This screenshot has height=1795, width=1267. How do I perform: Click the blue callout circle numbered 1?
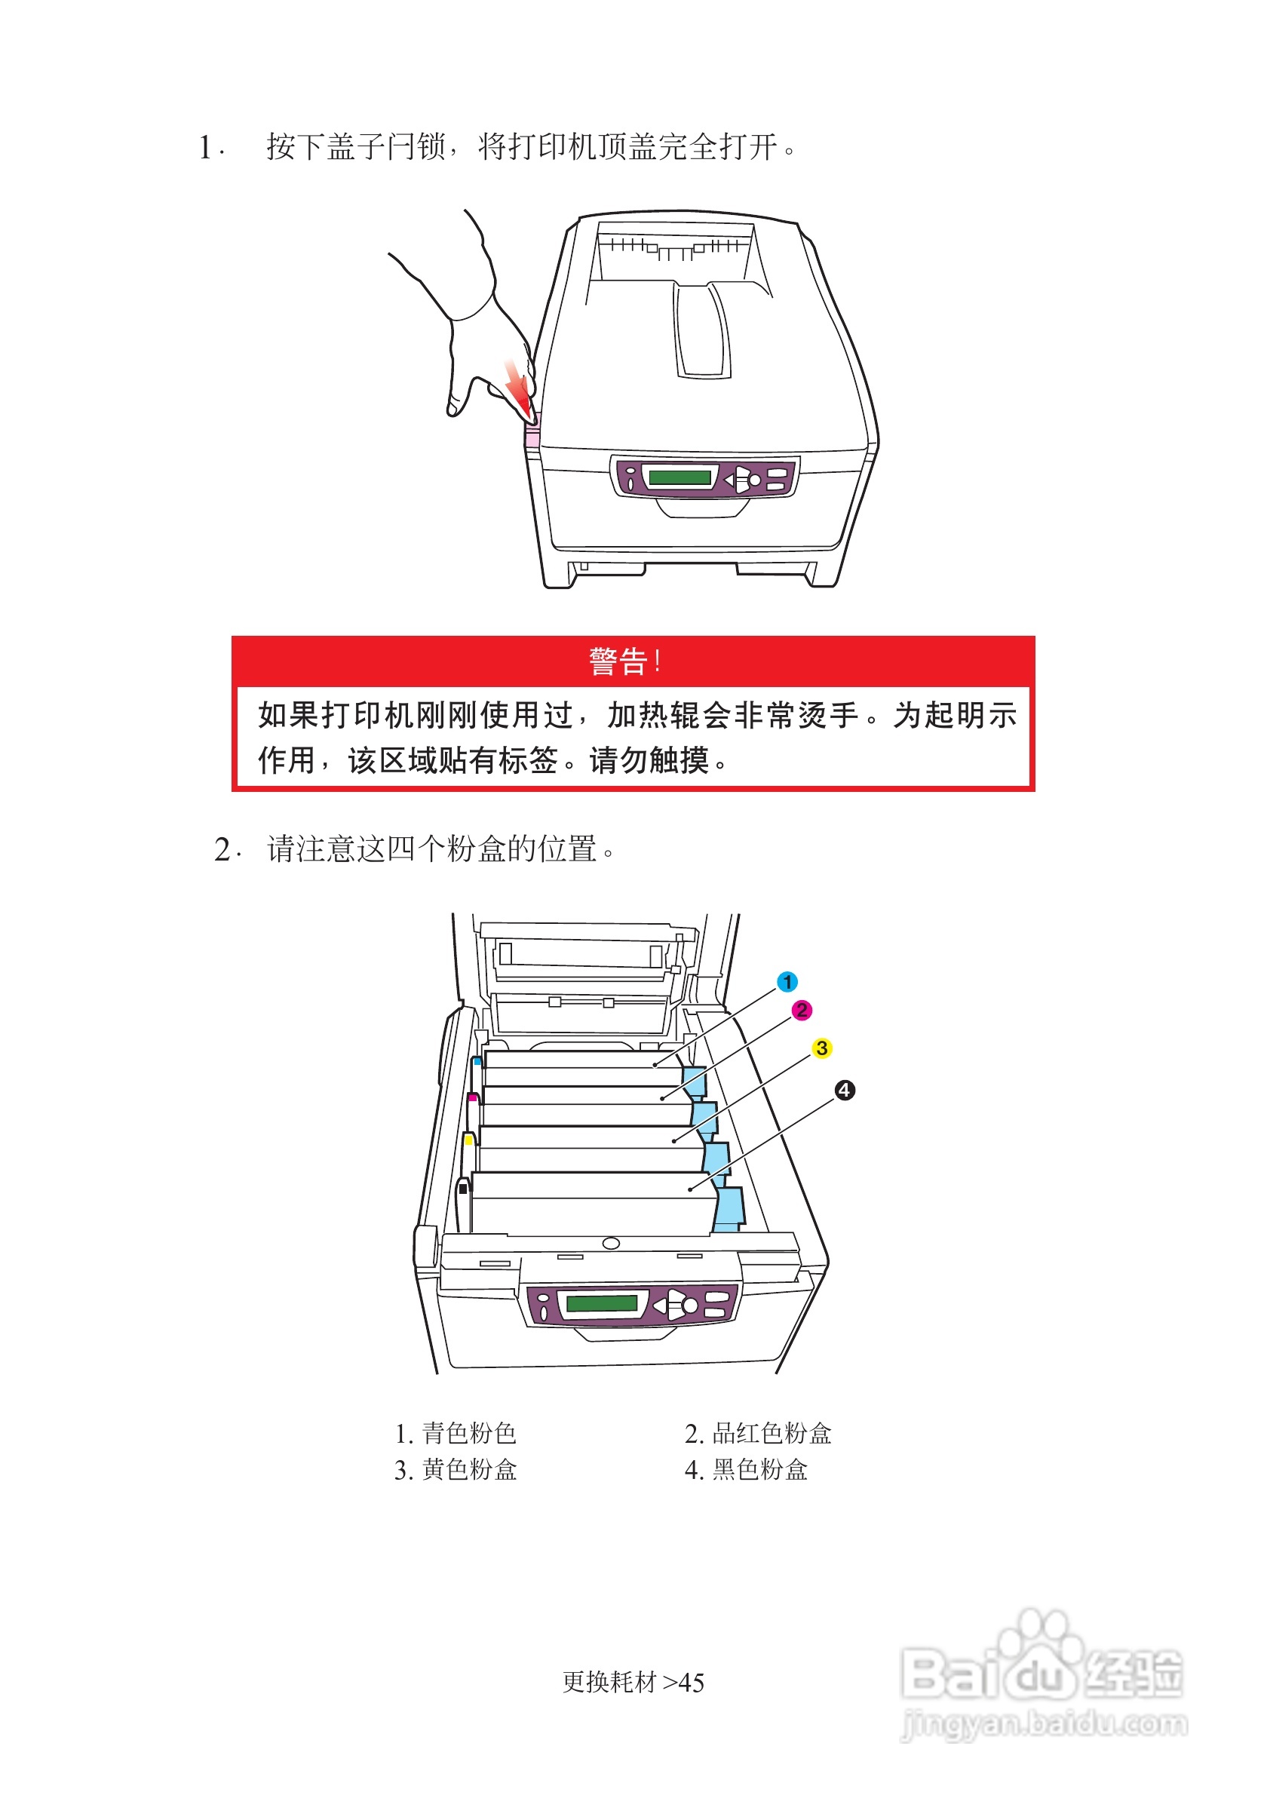click(787, 981)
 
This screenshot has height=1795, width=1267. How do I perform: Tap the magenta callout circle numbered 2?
click(801, 1010)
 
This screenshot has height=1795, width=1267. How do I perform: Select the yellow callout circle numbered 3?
click(821, 1048)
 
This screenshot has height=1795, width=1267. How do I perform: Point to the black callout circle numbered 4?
click(844, 1090)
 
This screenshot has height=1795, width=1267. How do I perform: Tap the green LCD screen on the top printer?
click(680, 476)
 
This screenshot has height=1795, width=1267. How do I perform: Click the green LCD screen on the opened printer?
click(602, 1303)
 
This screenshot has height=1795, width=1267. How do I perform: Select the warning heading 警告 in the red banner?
click(618, 661)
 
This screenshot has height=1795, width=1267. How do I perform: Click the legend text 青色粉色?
click(469, 1433)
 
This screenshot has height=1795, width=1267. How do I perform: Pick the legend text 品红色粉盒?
click(772, 1433)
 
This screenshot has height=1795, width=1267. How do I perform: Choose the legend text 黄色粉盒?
click(469, 1470)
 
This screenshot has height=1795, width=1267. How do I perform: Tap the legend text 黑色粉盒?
click(759, 1470)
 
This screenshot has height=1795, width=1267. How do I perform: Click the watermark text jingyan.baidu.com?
click(1045, 1723)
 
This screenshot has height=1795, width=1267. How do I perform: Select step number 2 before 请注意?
click(222, 850)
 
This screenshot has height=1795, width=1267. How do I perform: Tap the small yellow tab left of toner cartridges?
click(468, 1140)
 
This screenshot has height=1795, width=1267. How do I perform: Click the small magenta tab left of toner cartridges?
click(472, 1097)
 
